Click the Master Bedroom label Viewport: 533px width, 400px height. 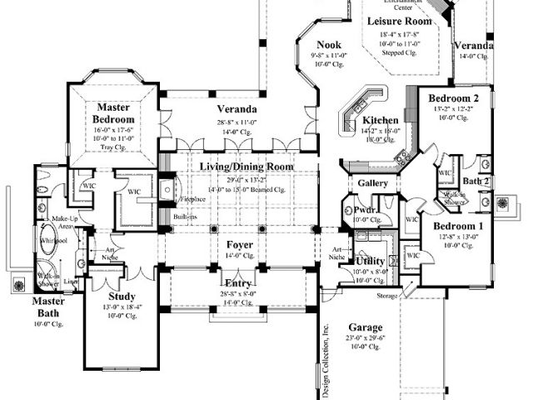[116, 113]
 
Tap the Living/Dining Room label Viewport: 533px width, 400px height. [246, 167]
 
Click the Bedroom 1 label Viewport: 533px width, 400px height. [456, 227]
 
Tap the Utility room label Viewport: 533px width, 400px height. [370, 262]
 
